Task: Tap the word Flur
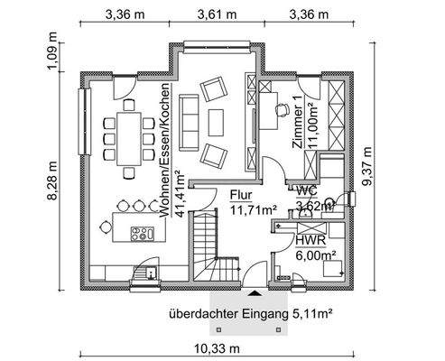pos(241,195)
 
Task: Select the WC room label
pos(306,190)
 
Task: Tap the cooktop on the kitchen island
pos(141,234)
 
